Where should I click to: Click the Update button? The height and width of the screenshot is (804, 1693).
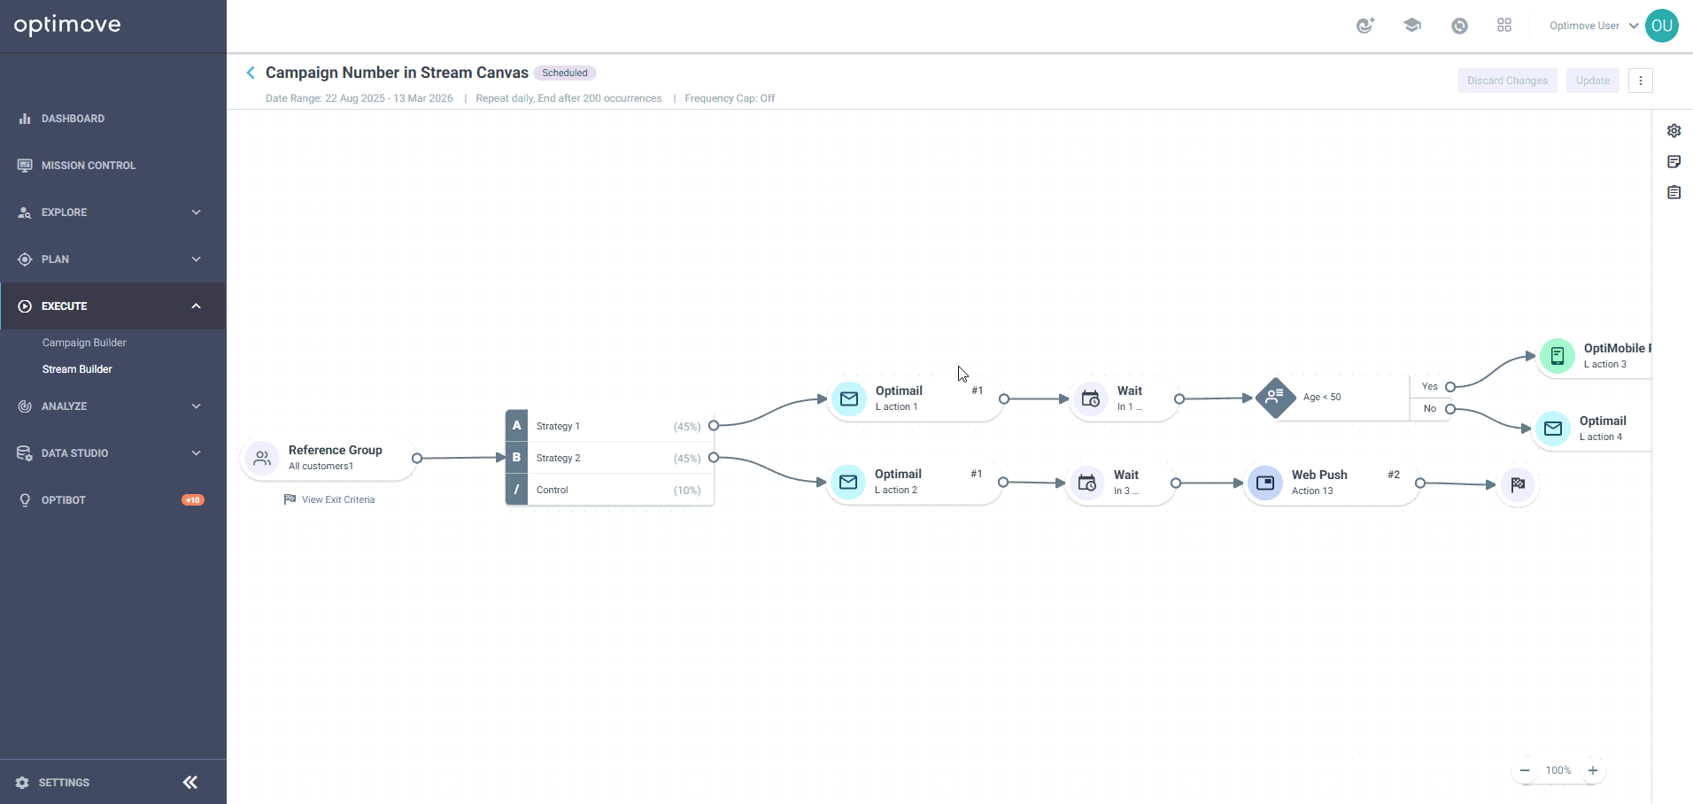click(1592, 81)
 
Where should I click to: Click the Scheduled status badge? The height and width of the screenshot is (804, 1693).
click(565, 73)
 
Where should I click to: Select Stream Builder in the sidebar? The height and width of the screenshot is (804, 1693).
click(77, 369)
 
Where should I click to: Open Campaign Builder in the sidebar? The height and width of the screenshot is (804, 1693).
click(84, 343)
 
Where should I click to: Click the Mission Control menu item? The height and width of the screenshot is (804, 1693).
click(88, 166)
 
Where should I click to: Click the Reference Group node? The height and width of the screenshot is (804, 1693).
click(329, 458)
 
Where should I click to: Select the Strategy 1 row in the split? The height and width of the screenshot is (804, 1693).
click(609, 426)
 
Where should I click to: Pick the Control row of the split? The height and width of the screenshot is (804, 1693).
click(609, 490)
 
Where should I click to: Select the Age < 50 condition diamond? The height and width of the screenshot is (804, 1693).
click(1275, 398)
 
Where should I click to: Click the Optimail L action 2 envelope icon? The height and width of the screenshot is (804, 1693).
click(848, 483)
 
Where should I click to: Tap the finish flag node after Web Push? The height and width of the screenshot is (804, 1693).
click(1518, 484)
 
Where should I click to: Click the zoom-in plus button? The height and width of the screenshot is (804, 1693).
click(1593, 770)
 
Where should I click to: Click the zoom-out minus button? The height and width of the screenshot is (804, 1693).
click(1525, 770)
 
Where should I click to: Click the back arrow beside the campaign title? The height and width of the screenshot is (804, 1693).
click(251, 73)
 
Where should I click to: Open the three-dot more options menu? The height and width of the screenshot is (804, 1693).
click(1641, 81)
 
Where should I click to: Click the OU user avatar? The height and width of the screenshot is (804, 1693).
click(1662, 26)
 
